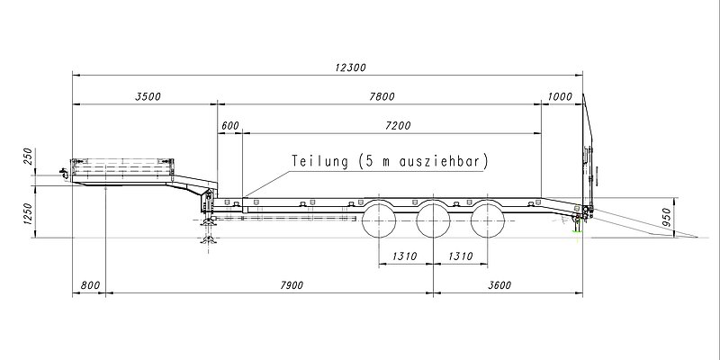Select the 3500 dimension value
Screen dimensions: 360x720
pos(146,95)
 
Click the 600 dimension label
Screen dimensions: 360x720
pos(229,126)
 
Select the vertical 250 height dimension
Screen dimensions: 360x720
pos(28,157)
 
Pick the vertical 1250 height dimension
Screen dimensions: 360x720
pos(28,213)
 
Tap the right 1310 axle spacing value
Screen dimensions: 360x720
pos(461,257)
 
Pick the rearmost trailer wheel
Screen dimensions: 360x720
pos(489,220)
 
